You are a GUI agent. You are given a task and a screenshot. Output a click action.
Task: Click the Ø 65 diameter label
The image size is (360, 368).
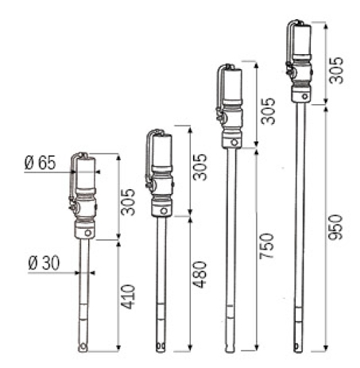point(41,163)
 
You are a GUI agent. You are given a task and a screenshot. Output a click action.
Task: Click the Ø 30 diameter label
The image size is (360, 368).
point(44,263)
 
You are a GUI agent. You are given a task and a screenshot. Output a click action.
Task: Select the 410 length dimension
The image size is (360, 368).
point(128,296)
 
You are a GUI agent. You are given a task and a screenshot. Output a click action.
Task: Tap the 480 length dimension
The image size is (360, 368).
point(199,274)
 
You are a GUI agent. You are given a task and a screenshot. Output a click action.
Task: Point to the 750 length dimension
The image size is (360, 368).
point(267,246)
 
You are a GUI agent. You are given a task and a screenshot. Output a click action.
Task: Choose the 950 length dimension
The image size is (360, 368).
point(335,227)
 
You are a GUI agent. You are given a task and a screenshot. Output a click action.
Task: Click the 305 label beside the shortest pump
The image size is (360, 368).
point(128,202)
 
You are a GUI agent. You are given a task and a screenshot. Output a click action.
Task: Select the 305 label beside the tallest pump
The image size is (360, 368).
point(335,70)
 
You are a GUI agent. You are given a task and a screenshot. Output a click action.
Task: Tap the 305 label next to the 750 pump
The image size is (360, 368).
point(268,111)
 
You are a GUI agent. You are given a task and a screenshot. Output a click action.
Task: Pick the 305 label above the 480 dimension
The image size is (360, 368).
point(199,167)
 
